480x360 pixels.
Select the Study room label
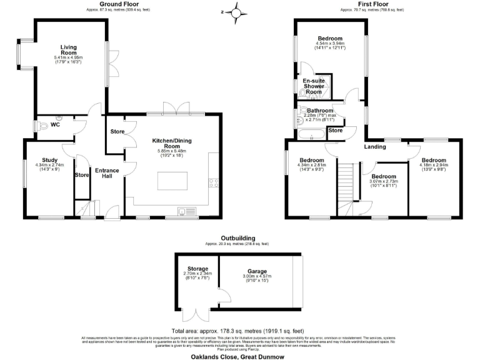(50, 160)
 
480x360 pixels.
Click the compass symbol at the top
(236, 12)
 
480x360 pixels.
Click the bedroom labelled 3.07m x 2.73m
(384, 177)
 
